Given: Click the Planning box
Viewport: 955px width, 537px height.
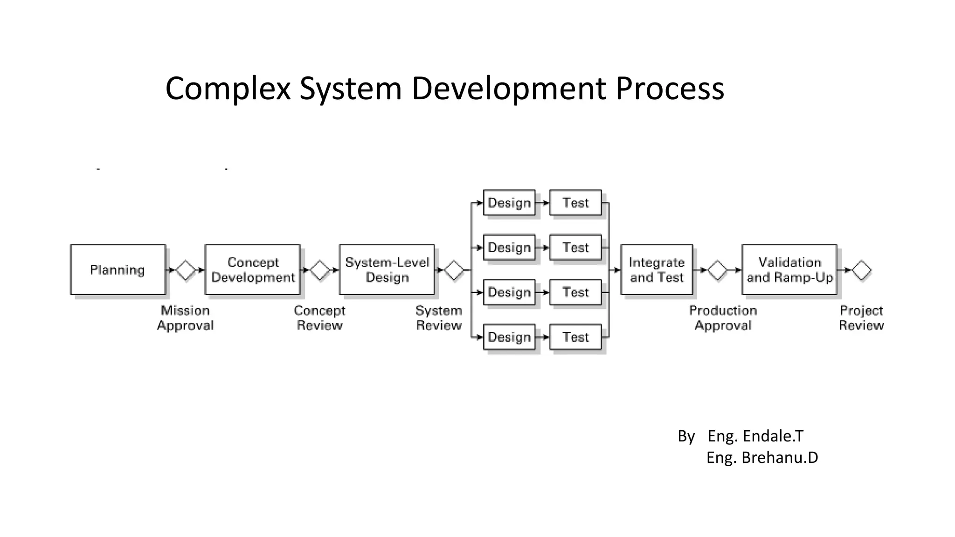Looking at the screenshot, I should click(x=118, y=269).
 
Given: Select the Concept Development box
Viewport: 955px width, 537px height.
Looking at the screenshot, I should click(x=252, y=269).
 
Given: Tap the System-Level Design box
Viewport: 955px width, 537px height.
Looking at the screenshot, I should click(x=387, y=269).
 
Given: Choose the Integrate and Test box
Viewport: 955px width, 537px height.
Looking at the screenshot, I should click(x=657, y=269).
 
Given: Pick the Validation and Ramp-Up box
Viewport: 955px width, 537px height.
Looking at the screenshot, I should click(x=789, y=269).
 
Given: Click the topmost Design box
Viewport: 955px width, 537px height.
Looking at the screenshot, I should click(x=509, y=203).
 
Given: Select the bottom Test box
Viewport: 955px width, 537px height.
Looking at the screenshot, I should click(x=575, y=337).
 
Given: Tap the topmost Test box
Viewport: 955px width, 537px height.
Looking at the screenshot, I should click(x=575, y=203).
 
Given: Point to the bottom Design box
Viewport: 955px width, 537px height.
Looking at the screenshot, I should click(x=509, y=337).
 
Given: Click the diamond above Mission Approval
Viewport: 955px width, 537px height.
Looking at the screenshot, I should click(x=185, y=270).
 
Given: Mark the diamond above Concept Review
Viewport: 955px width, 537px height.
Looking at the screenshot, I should click(x=320, y=270).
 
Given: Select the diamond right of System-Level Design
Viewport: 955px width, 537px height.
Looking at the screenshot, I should click(x=454, y=270).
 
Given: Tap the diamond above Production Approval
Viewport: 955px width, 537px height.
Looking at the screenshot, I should click(x=717, y=270).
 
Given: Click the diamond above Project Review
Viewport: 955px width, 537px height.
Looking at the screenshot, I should click(x=861, y=270).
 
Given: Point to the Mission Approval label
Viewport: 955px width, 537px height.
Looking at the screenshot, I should click(x=185, y=318).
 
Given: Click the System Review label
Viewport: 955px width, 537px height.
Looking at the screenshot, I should click(x=439, y=318).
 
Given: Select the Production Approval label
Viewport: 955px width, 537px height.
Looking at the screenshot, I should click(x=723, y=318).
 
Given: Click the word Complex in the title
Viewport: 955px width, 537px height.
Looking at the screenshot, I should click(x=228, y=89).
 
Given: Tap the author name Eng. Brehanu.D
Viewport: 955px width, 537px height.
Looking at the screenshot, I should click(x=762, y=458).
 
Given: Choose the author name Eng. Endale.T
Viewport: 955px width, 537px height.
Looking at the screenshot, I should click(x=755, y=436).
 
